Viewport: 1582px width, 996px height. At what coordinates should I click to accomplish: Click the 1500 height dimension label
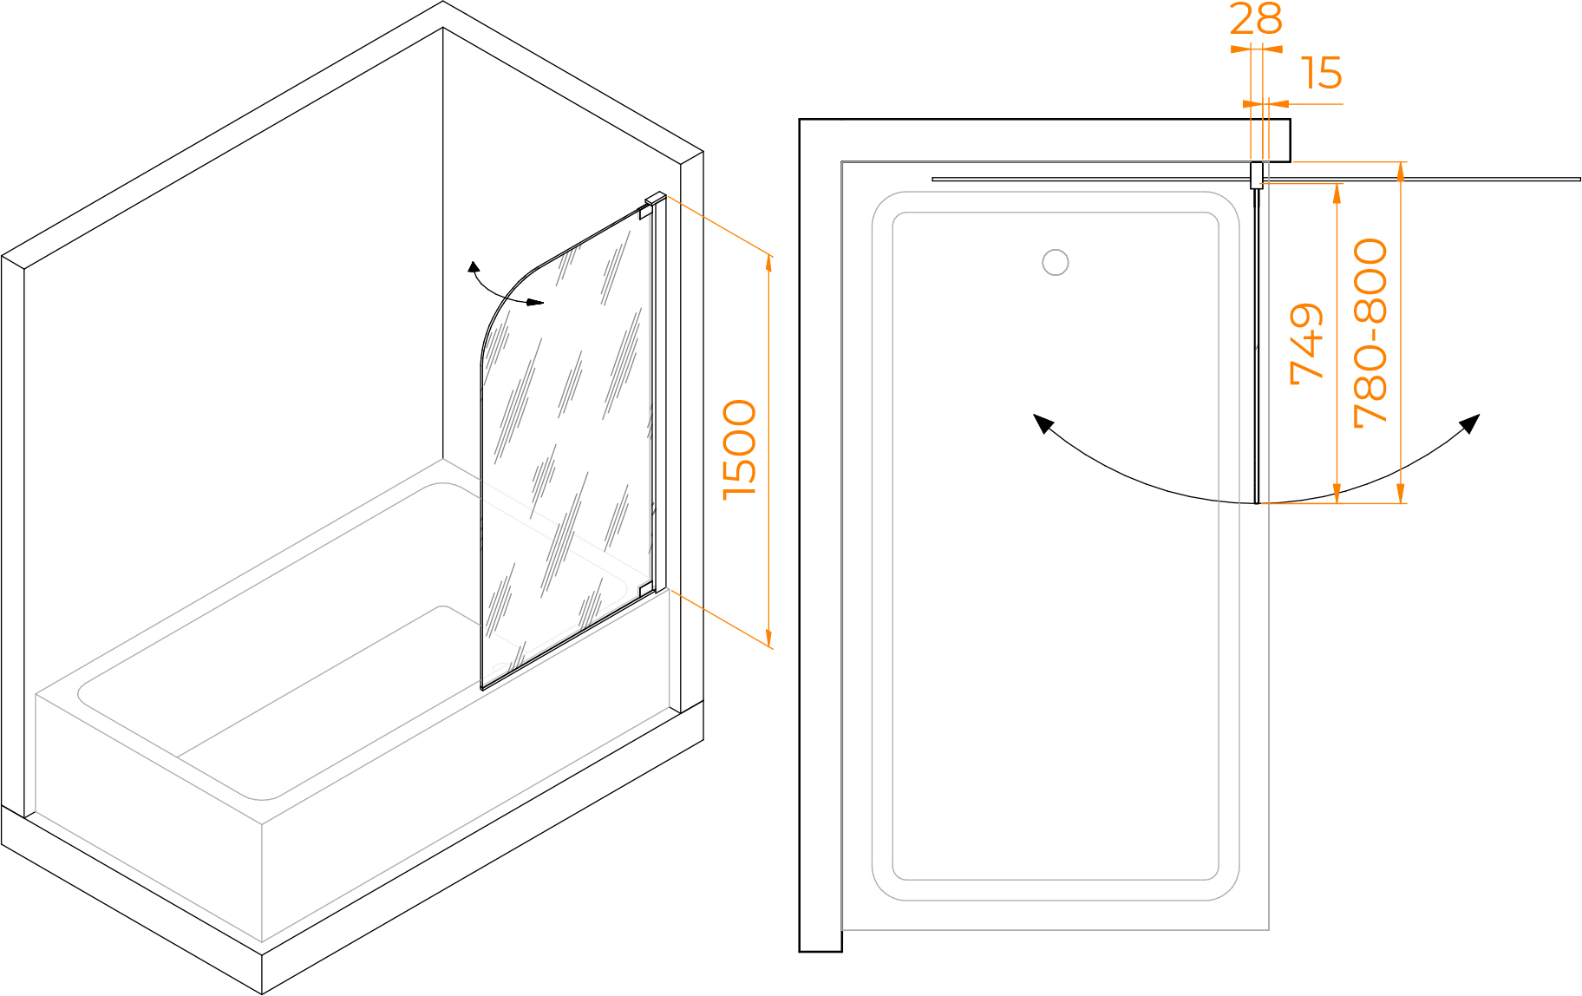(740, 449)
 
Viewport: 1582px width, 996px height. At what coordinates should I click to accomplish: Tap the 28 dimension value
(1256, 18)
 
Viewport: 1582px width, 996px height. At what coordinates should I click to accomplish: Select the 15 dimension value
(1322, 73)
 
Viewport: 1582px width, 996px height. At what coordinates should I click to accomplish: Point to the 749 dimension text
(1307, 344)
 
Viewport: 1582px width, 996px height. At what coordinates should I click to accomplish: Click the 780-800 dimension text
(1370, 333)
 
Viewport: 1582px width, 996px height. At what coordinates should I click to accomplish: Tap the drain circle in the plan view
(1056, 262)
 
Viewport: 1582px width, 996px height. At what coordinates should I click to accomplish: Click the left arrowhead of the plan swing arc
(1043, 423)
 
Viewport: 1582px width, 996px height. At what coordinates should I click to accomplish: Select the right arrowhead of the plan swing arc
(1470, 423)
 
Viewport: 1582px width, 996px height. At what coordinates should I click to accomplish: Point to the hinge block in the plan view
(1256, 175)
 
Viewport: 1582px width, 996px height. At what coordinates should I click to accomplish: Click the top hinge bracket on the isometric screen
(646, 211)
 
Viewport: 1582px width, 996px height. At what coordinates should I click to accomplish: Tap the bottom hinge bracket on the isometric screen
(646, 590)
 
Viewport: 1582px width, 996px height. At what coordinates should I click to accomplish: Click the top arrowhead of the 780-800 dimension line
(1401, 172)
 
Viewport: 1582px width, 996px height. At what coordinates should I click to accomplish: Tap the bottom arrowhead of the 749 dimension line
(1337, 494)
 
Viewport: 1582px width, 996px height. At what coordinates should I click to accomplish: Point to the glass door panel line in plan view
(1257, 345)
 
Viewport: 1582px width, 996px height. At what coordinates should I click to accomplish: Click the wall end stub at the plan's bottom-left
(820, 940)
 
